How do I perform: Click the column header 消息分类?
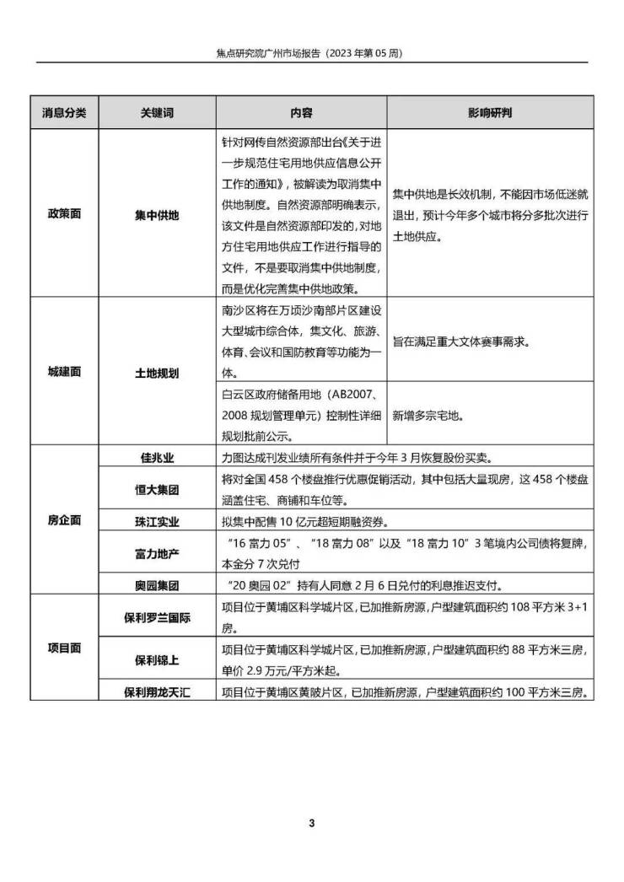[x=65, y=112]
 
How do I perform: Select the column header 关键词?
[x=157, y=112]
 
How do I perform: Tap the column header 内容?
[x=301, y=112]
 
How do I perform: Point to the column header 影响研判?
[x=490, y=112]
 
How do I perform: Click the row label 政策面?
[x=65, y=214]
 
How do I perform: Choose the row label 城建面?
[x=65, y=371]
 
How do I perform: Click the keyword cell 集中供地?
[x=157, y=214]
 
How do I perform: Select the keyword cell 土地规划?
[x=157, y=371]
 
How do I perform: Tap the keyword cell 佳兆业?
[x=157, y=458]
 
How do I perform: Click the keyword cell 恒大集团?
[x=157, y=489]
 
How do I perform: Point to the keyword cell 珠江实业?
[x=157, y=521]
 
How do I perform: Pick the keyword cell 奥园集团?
[x=157, y=584]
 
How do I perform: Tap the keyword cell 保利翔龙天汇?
[x=157, y=692]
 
